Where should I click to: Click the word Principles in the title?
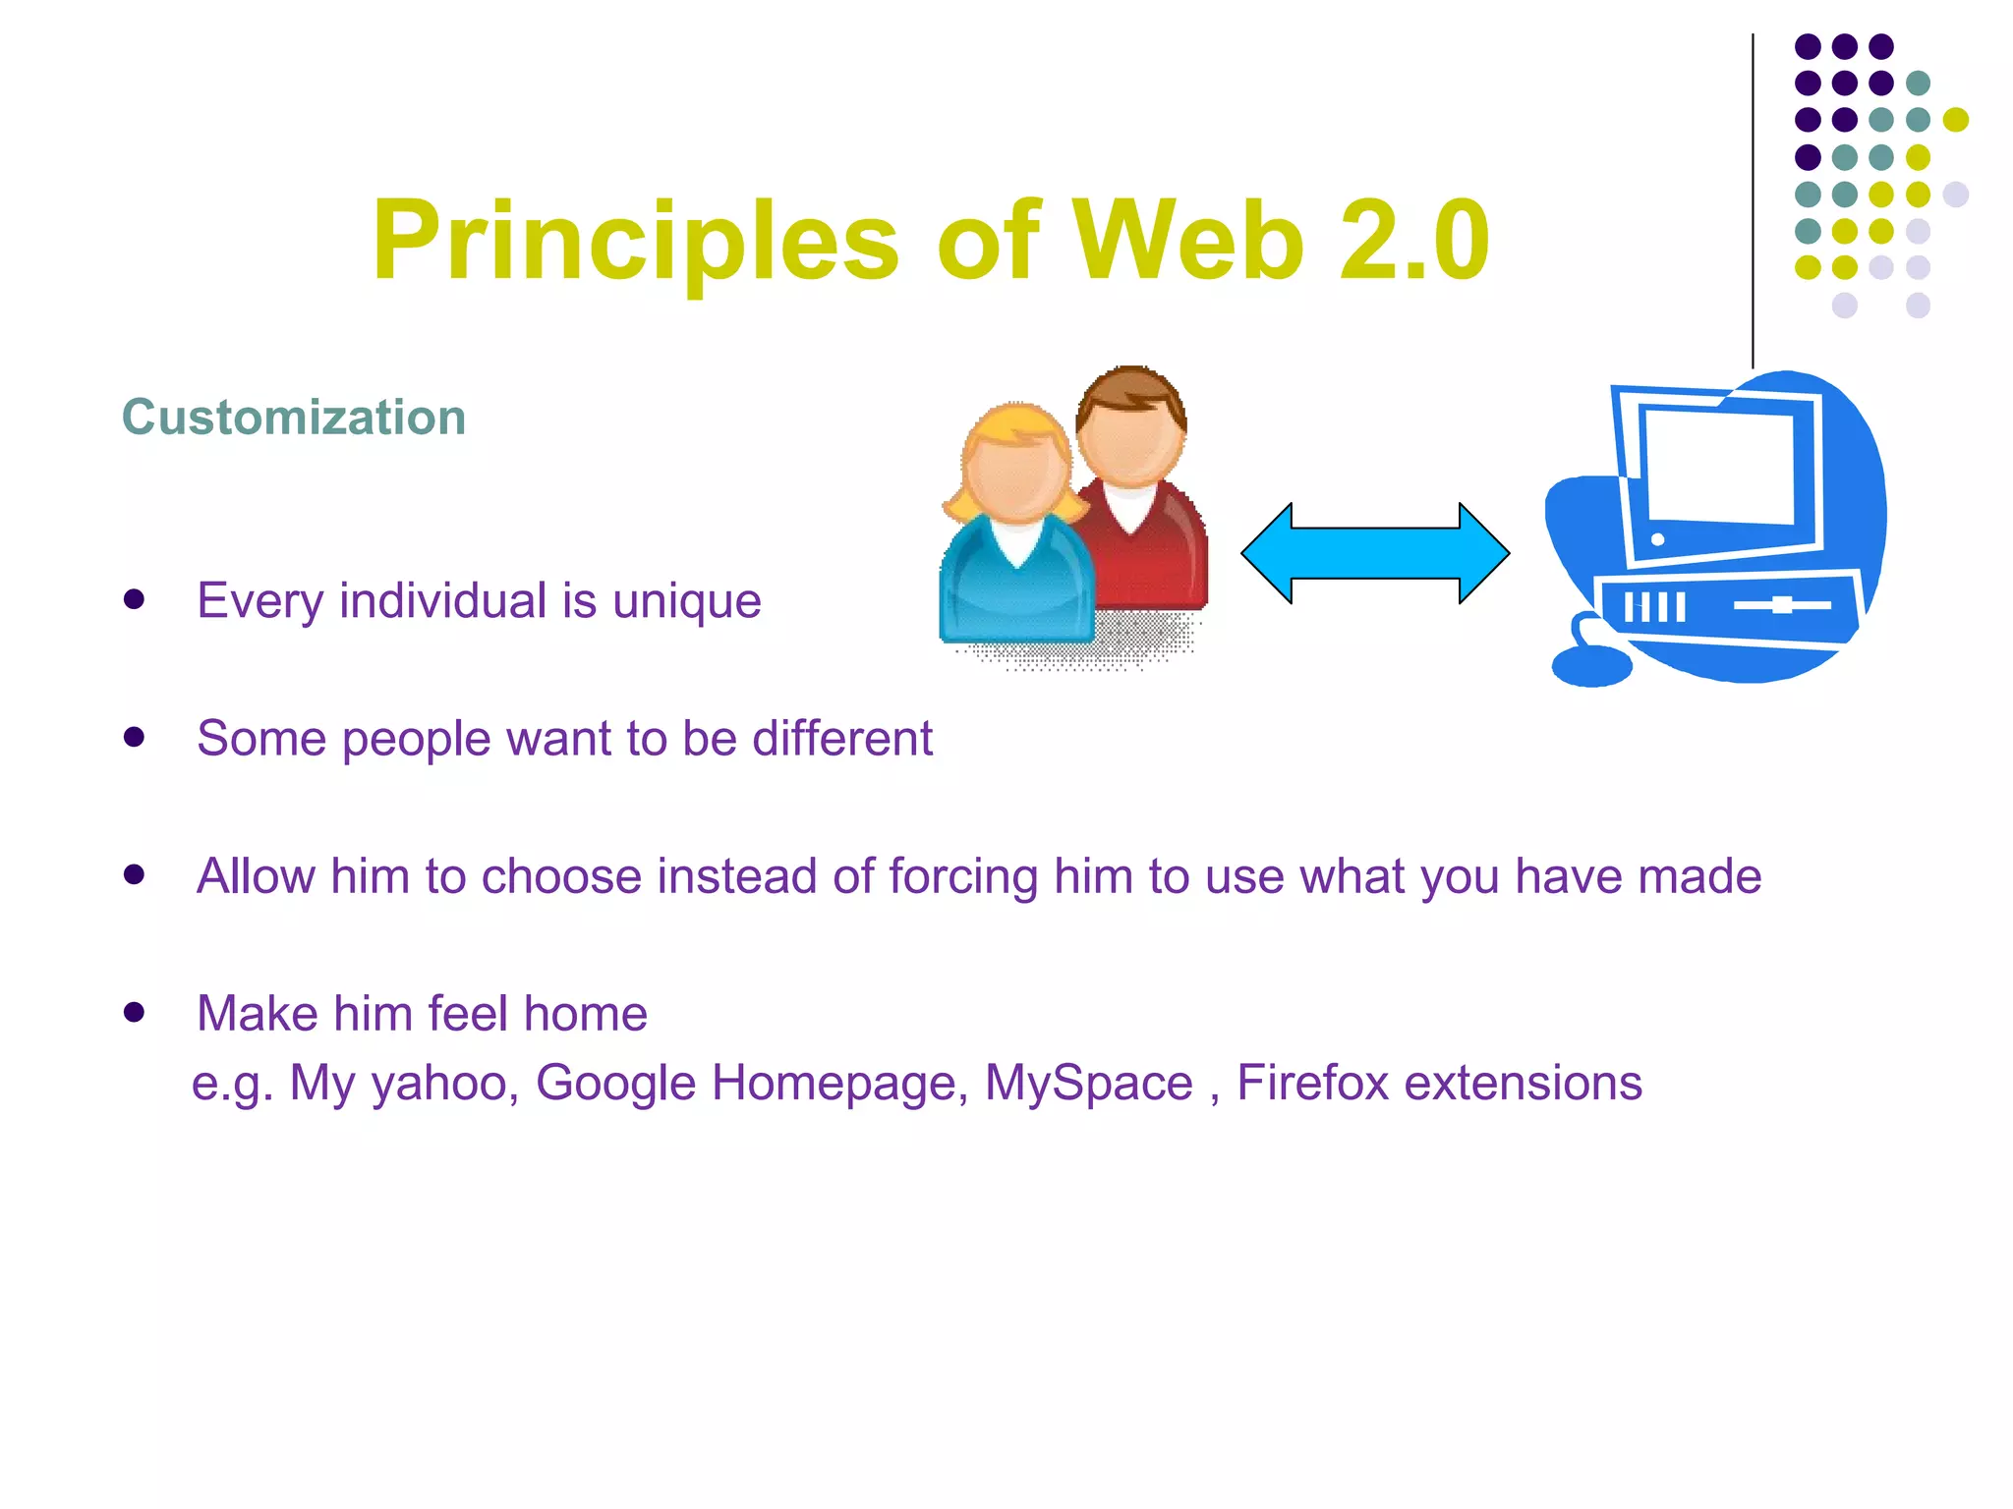pyautogui.click(x=635, y=242)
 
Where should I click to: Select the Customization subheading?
pyautogui.click(x=293, y=418)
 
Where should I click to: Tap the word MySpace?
pyautogui.click(x=1088, y=1083)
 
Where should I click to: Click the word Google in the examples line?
pyautogui.click(x=615, y=1083)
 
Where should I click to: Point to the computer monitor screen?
pyautogui.click(x=1720, y=467)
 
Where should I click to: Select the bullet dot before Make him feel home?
pyautogui.click(x=135, y=1012)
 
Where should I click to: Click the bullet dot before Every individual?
pyautogui.click(x=135, y=599)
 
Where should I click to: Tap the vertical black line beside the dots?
pyautogui.click(x=1752, y=196)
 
